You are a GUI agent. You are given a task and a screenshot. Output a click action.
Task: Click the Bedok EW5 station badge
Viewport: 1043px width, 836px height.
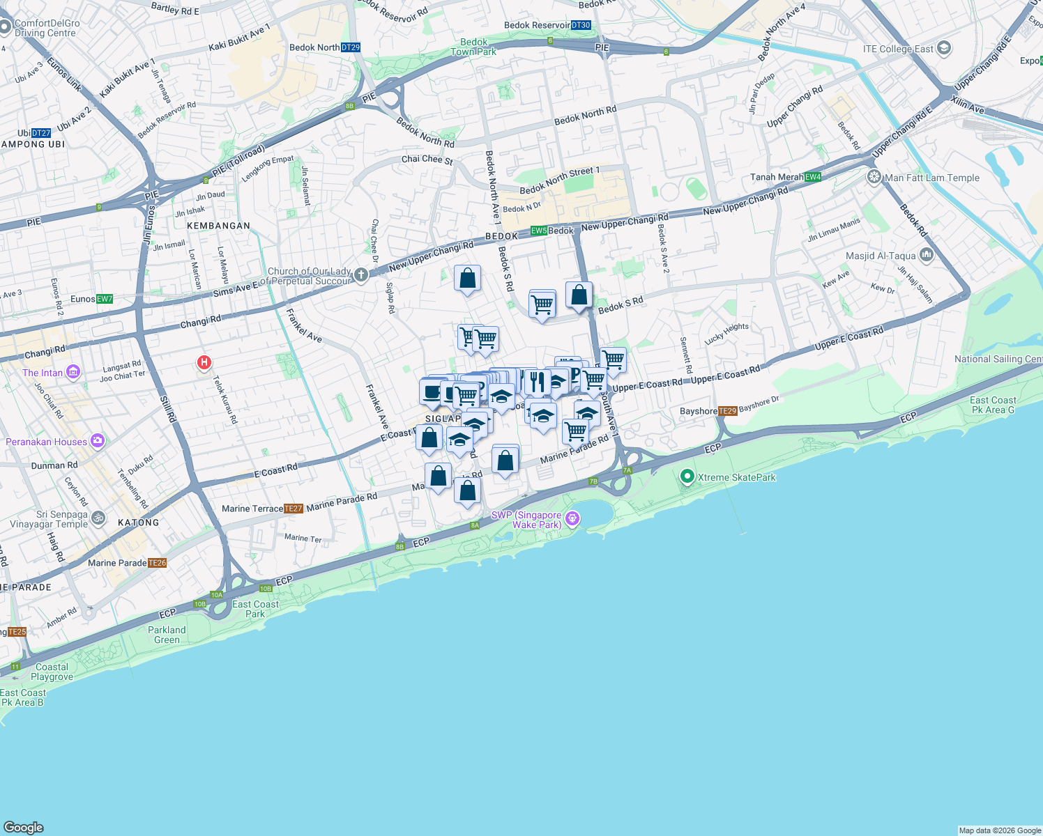[x=539, y=231]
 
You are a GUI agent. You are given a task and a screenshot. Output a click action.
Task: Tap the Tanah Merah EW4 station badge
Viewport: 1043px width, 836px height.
[x=813, y=177]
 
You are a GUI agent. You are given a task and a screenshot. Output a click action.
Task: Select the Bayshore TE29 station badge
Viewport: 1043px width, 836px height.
[x=727, y=411]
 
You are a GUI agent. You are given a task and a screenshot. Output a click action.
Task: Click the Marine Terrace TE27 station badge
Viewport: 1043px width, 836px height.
[x=294, y=509]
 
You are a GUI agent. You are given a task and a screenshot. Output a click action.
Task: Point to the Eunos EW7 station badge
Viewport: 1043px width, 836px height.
[x=105, y=299]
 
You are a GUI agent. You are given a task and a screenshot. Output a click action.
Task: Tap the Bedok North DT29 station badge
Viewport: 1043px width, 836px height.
[x=351, y=47]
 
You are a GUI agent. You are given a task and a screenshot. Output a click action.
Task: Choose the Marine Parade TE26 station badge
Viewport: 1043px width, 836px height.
[x=157, y=563]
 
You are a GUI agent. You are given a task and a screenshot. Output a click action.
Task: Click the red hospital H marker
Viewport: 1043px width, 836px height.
[x=204, y=362]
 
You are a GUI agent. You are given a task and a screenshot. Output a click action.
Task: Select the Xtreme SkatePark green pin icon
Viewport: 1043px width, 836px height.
[x=687, y=477]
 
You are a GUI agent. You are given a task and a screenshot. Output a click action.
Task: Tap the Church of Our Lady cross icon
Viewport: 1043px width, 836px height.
[x=360, y=274]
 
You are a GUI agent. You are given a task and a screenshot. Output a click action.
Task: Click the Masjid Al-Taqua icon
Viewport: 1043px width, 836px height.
[x=926, y=256]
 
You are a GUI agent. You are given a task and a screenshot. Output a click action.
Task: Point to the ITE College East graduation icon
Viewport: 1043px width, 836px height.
[x=944, y=48]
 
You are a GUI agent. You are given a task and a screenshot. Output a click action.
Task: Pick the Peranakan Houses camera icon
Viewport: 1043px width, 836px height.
[x=98, y=440]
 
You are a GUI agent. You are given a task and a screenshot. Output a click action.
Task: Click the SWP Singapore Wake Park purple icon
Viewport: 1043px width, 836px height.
[x=572, y=518]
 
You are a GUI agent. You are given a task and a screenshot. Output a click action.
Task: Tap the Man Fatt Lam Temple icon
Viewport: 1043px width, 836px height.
[x=874, y=177]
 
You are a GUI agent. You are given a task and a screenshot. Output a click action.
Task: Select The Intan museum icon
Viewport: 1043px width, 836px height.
[x=73, y=372]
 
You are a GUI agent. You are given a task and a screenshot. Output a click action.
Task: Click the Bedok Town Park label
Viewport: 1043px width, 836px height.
[x=473, y=47]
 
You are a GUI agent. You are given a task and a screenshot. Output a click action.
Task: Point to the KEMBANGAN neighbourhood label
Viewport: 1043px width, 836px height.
[x=218, y=226]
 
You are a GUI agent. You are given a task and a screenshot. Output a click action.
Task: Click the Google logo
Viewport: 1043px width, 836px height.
[x=24, y=827]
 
